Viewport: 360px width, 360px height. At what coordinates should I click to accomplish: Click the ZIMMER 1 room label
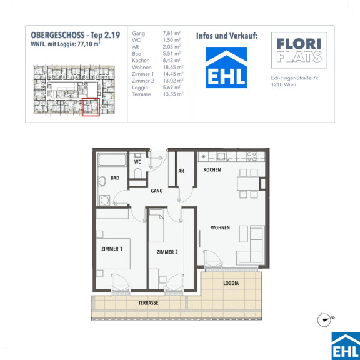(x=112, y=249)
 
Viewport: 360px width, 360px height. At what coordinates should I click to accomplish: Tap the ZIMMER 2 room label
(x=167, y=252)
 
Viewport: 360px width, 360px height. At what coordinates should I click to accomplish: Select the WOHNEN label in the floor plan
(x=220, y=227)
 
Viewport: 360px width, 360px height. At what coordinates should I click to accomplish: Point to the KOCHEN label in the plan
(x=212, y=169)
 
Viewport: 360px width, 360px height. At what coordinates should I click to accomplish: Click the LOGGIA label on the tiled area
(x=231, y=283)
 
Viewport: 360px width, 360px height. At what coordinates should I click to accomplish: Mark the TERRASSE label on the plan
(x=148, y=303)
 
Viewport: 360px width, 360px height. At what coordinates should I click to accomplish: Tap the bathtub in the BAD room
(x=112, y=159)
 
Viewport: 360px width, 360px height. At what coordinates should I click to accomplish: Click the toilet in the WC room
(x=137, y=174)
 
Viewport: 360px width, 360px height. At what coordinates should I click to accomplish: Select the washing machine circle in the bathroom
(x=104, y=201)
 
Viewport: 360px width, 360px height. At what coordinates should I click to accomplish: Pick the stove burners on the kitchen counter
(x=252, y=156)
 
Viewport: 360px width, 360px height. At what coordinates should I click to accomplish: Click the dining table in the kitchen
(x=248, y=184)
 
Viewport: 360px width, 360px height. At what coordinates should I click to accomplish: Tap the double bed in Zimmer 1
(x=113, y=254)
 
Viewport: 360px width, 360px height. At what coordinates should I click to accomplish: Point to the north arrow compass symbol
(x=324, y=319)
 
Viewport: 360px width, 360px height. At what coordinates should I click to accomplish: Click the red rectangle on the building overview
(x=91, y=107)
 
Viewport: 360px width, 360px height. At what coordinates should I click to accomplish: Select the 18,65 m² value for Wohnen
(x=173, y=67)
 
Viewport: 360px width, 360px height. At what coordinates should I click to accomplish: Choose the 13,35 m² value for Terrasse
(x=173, y=94)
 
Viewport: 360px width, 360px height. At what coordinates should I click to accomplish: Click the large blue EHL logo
(x=226, y=67)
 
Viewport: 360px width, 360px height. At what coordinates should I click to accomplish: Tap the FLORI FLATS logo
(x=299, y=50)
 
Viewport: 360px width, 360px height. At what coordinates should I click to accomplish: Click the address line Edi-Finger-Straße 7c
(x=294, y=78)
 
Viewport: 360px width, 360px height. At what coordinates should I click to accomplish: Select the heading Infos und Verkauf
(x=227, y=36)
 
